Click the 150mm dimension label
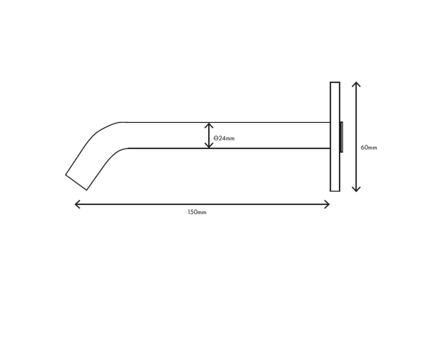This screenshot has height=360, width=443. coord(197,212)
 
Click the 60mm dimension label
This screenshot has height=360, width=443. coord(368,148)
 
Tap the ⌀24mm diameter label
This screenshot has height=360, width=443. coord(224,138)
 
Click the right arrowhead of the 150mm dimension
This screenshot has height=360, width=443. coord(328,204)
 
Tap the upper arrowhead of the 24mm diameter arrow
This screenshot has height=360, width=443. coord(209,125)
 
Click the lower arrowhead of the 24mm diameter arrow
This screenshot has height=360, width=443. coord(209,146)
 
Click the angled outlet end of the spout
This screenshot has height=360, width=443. coord(76,182)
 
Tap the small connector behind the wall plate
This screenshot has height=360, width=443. coord(342,137)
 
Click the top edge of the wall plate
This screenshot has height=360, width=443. coord(335,83)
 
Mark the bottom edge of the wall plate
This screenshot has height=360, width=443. coord(335,191)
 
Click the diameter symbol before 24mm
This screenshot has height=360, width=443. coord(215,138)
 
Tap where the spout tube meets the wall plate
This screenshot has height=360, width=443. coord(330,135)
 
